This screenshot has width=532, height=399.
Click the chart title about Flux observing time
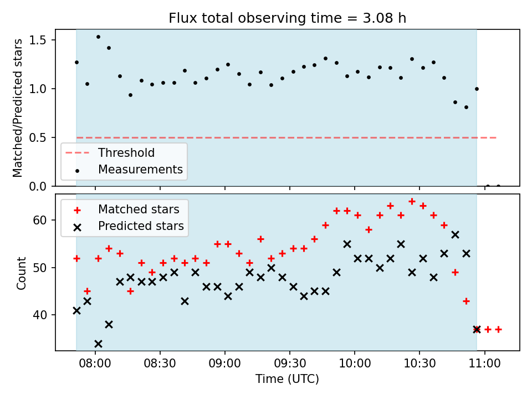pyautogui.click(x=288, y=18)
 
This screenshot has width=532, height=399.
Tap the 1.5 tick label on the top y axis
pyautogui.click(x=38, y=40)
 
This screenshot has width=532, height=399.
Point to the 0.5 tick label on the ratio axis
pyautogui.click(x=38, y=138)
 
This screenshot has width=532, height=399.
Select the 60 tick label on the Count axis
pyautogui.click(x=40, y=220)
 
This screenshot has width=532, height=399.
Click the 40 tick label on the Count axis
pyautogui.click(x=40, y=315)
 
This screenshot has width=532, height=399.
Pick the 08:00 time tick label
pyautogui.click(x=95, y=364)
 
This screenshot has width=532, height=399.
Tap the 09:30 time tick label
pyautogui.click(x=290, y=364)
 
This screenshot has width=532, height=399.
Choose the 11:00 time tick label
pyautogui.click(x=484, y=364)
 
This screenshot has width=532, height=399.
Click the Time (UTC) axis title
pyautogui.click(x=288, y=378)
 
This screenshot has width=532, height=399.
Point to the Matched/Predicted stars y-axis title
pyautogui.click(x=18, y=108)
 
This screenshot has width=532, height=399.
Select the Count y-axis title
pyautogui.click(x=21, y=273)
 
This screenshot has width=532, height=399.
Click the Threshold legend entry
pyautogui.click(x=110, y=153)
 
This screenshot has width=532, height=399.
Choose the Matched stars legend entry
pyautogui.click(x=126, y=209)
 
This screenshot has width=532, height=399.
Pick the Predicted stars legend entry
pyautogui.click(x=129, y=226)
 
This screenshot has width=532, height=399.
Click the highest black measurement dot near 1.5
pyautogui.click(x=98, y=37)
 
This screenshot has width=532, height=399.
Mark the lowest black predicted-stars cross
pyautogui.click(x=98, y=344)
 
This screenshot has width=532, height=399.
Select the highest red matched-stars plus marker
pyautogui.click(x=412, y=202)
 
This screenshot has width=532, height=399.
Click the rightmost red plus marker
pyautogui.click(x=498, y=329)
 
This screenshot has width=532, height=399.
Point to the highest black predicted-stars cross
pyautogui.click(x=456, y=235)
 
